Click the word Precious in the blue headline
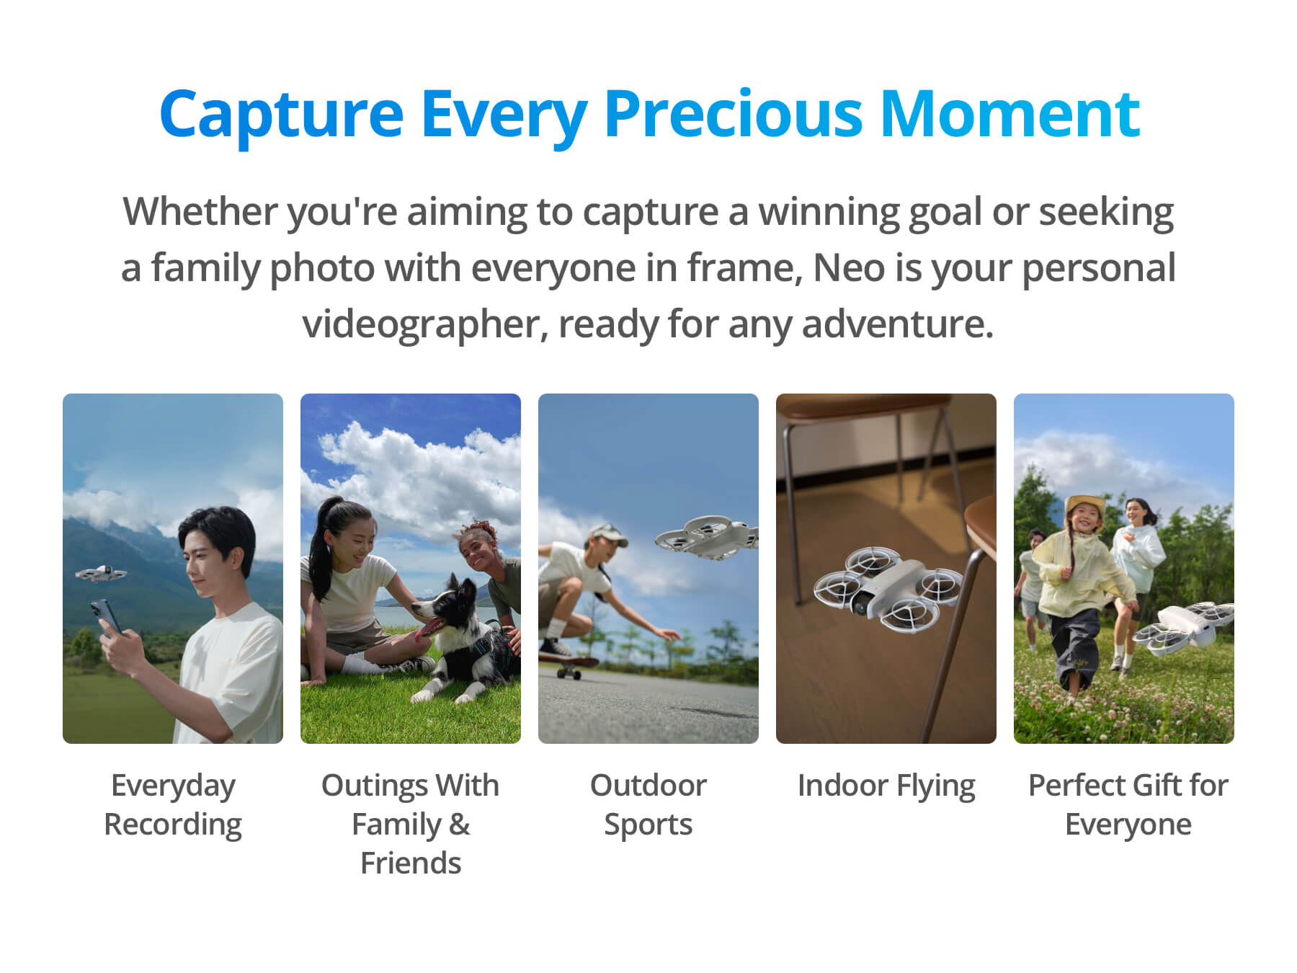pyautogui.click(x=733, y=113)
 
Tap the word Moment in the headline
pyautogui.click(x=1009, y=113)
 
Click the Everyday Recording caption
pyautogui.click(x=173, y=805)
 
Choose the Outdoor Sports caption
pyautogui.click(x=648, y=805)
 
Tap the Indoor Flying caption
pyautogui.click(x=886, y=786)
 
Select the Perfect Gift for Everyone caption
pyautogui.click(x=1128, y=805)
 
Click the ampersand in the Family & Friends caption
pyautogui.click(x=459, y=825)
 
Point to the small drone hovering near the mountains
pyautogui.click(x=101, y=574)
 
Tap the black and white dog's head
pyautogui.click(x=445, y=605)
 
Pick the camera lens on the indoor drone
pyautogui.click(x=860, y=605)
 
